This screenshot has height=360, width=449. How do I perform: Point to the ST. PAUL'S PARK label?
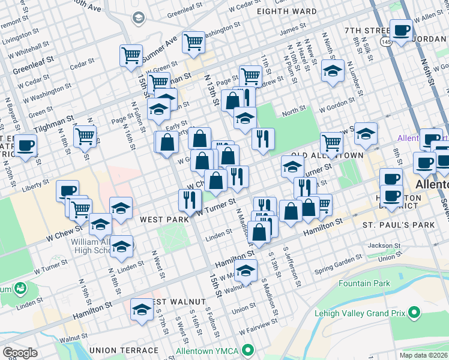coord(390,224)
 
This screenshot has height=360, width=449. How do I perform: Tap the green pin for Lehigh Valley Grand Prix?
coord(413,312)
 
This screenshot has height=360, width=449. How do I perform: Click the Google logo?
coord(20,353)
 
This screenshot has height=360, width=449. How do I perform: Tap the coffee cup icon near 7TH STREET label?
coord(402,29)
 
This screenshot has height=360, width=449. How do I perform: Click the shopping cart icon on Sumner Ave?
coord(194,42)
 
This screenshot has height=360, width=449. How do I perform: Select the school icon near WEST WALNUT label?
coord(142,310)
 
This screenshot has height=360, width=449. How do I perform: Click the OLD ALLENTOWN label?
coord(334,155)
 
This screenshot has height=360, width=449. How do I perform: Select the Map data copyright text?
coord(424,355)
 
